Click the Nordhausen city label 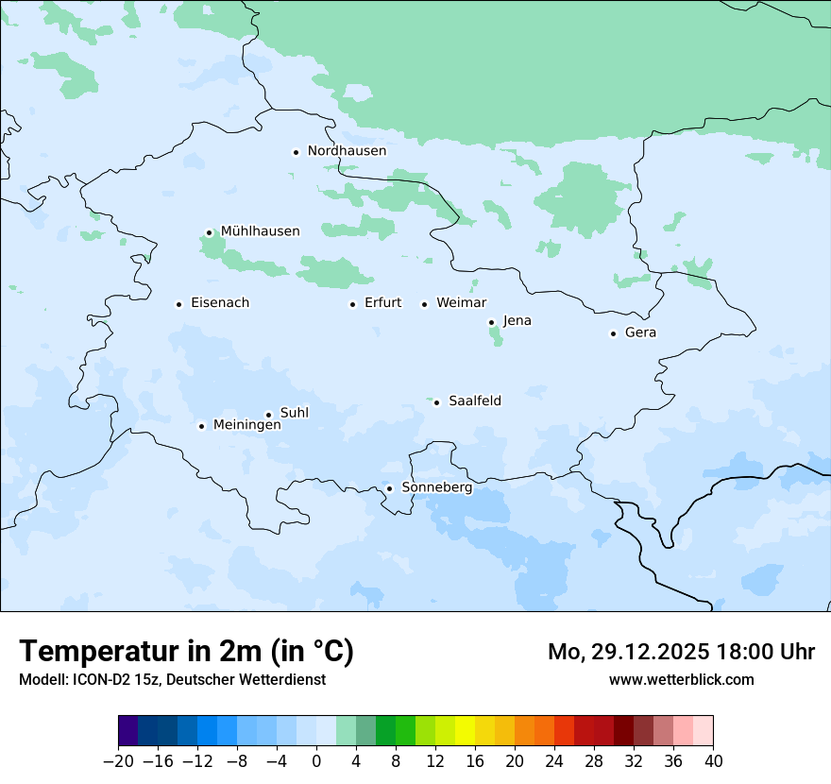pyautogui.click(x=347, y=151)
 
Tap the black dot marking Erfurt pyautogui.click(x=352, y=304)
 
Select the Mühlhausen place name pyautogui.click(x=260, y=231)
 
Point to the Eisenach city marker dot pyautogui.click(x=178, y=304)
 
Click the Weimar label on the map pyautogui.click(x=461, y=303)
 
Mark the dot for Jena pyautogui.click(x=491, y=322)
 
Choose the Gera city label pyautogui.click(x=640, y=332)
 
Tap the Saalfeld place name pyautogui.click(x=475, y=401)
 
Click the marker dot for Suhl pyautogui.click(x=268, y=415)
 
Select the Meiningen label pyautogui.click(x=247, y=425)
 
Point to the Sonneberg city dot pyautogui.click(x=389, y=488)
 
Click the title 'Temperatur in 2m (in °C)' pyautogui.click(x=187, y=652)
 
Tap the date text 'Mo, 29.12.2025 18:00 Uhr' pyautogui.click(x=681, y=652)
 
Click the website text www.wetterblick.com pyautogui.click(x=681, y=679)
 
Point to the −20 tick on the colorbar pyautogui.click(x=119, y=761)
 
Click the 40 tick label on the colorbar pyautogui.click(x=713, y=761)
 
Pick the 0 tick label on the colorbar pyautogui.click(x=316, y=761)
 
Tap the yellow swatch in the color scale pyautogui.click(x=465, y=731)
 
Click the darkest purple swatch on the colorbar pyautogui.click(x=128, y=731)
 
